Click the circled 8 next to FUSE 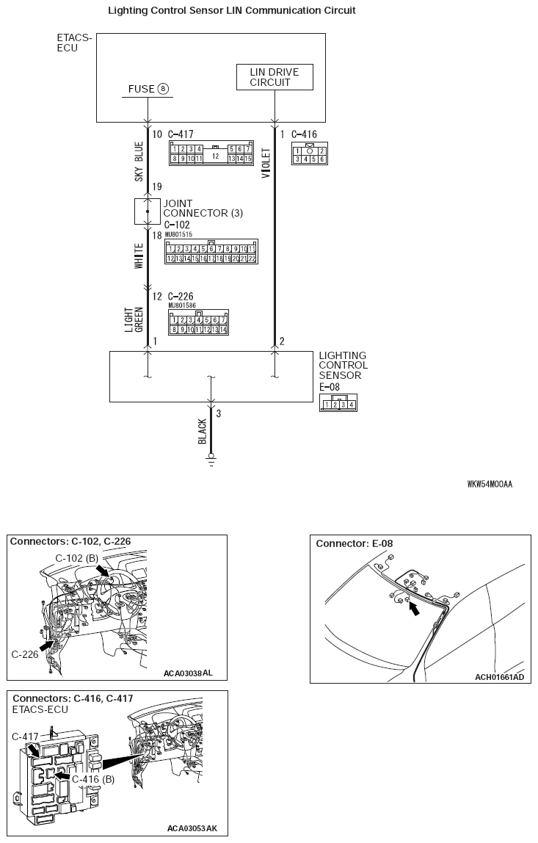click(163, 89)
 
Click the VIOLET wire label click(266, 164)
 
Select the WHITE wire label click(138, 253)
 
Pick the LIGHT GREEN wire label click(134, 319)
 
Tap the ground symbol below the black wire click(211, 460)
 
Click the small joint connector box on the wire click(148, 211)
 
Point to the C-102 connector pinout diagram click(211, 253)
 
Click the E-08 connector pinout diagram click(338, 403)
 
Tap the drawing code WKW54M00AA click(490, 485)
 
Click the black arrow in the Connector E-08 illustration click(416, 608)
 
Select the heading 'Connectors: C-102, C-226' click(70, 542)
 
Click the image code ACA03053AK click(192, 828)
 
